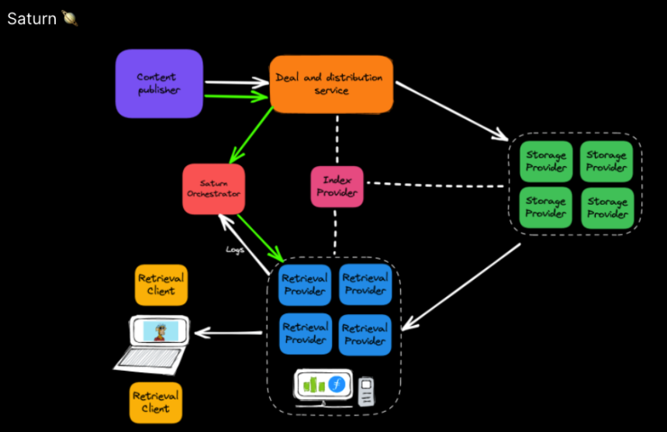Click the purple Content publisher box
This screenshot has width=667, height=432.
click(159, 83)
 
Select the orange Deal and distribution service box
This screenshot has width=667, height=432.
click(331, 84)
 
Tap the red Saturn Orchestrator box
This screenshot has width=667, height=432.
click(213, 188)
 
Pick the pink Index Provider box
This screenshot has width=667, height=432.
click(337, 186)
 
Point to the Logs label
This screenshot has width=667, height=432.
click(234, 250)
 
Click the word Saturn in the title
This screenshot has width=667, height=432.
click(31, 19)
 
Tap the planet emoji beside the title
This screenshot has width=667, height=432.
click(69, 18)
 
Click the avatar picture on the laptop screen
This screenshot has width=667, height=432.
click(160, 331)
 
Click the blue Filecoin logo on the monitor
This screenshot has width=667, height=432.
click(337, 384)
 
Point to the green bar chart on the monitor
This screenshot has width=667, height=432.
click(313, 384)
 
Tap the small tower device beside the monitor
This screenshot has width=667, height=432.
click(366, 389)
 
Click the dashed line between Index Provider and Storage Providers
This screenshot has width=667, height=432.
click(434, 185)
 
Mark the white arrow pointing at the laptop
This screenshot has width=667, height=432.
click(228, 333)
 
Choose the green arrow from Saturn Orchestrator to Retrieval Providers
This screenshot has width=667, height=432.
click(260, 237)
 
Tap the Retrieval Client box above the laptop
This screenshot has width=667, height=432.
click(161, 285)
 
